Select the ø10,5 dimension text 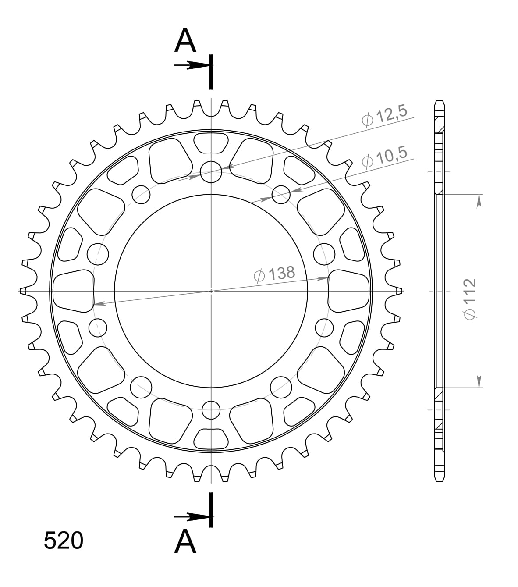[x=385, y=158]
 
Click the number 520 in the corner [x=63, y=541]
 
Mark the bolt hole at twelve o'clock [x=211, y=171]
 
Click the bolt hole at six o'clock [x=211, y=410]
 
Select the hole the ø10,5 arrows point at [x=281, y=195]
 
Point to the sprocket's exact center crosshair [x=211, y=291]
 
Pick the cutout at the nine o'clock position [x=73, y=291]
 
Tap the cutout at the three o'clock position [x=349, y=291]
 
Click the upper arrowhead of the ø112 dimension [x=479, y=200]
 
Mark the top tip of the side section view [x=440, y=102]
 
